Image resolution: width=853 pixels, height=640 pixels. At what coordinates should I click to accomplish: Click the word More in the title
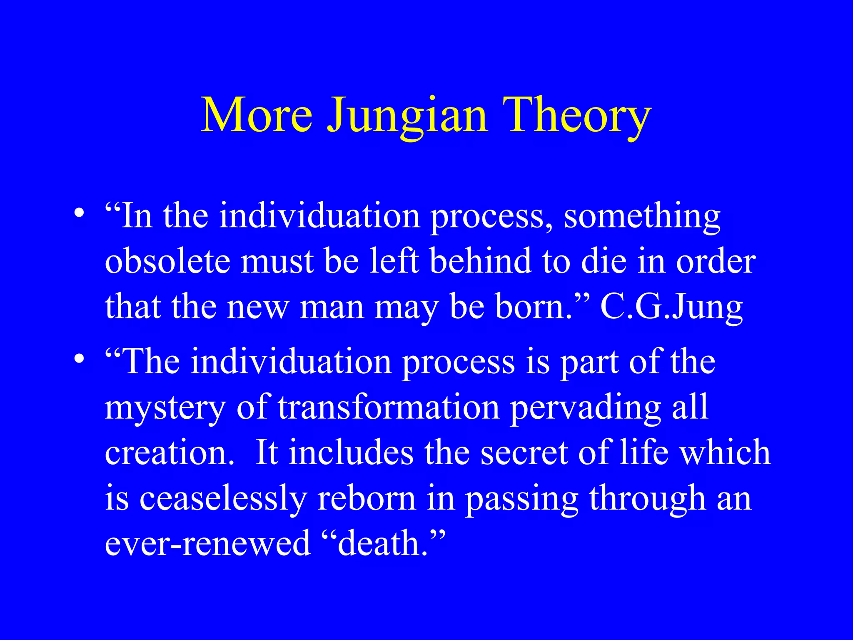click(256, 115)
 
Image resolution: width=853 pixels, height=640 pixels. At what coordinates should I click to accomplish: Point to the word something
click(642, 217)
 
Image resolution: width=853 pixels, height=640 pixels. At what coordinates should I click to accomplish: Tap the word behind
click(481, 262)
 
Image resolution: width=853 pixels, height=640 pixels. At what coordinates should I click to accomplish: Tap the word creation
click(167, 453)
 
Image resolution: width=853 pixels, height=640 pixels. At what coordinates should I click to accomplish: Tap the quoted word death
click(383, 544)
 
